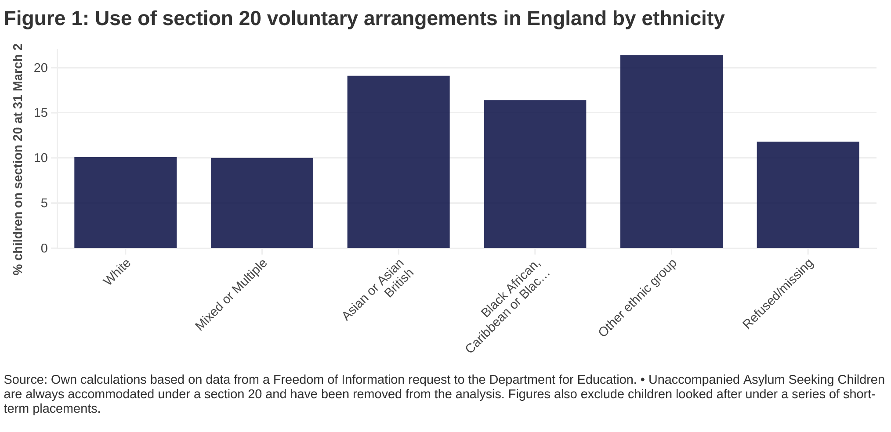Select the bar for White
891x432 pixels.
click(126, 202)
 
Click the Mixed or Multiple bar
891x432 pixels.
click(262, 203)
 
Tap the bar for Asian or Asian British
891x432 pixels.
click(398, 162)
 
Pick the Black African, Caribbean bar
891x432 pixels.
click(535, 174)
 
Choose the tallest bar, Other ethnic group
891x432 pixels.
click(671, 151)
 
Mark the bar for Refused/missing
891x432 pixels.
click(808, 195)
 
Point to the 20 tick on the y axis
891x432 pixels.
click(41, 68)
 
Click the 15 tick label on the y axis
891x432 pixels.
click(41, 113)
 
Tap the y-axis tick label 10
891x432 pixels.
click(41, 158)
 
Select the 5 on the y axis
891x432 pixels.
click(44, 203)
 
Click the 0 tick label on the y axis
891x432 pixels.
click(44, 248)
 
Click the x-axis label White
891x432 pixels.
click(116, 272)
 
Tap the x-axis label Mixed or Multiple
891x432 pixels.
click(231, 295)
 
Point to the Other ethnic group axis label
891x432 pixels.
click(637, 298)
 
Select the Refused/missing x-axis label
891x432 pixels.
click(778, 294)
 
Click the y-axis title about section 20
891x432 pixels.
click(18, 159)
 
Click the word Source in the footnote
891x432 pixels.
click(25, 380)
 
